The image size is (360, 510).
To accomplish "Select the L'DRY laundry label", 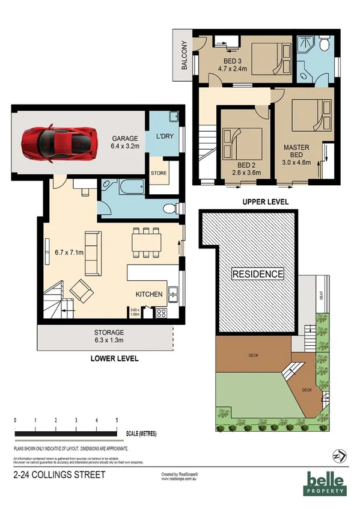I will click(164, 136).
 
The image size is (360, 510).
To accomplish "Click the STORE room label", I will click(159, 174).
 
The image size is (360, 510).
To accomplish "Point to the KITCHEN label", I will click(149, 294).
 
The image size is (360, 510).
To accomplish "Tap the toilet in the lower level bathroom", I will click(171, 209).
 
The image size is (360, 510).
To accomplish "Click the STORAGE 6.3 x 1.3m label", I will click(109, 336).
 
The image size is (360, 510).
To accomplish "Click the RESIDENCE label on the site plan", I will click(258, 274).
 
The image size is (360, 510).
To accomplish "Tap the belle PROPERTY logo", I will click(326, 483).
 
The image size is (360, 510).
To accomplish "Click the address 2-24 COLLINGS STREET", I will click(59, 475).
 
